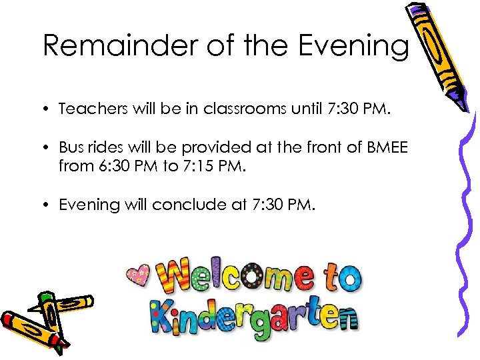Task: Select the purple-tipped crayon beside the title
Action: [433, 53]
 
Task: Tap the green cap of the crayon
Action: [46, 297]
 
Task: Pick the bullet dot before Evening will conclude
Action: [49, 205]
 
